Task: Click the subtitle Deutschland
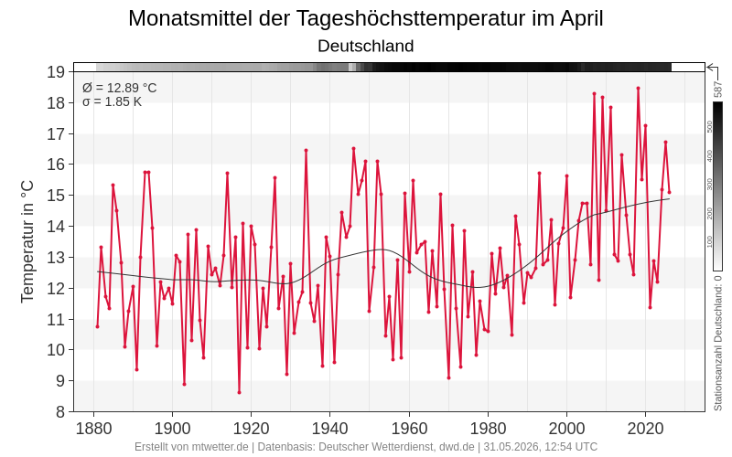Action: [x=365, y=46]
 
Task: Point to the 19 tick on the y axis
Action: [x=56, y=72]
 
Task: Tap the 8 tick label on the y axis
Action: [x=59, y=412]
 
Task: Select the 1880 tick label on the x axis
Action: [x=94, y=429]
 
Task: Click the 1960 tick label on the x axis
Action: [x=409, y=429]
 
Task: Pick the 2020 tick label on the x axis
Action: [x=646, y=429]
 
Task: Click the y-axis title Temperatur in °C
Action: [x=27, y=242]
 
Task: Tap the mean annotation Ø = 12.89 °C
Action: [x=120, y=88]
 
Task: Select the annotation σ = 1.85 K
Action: [x=112, y=101]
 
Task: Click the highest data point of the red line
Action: [x=638, y=88]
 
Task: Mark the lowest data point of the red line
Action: [x=239, y=393]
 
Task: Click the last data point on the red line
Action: [x=670, y=192]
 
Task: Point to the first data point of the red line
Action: [x=97, y=326]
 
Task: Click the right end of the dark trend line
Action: [x=670, y=199]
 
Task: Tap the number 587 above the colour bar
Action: [x=718, y=90]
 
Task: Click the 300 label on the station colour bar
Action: [x=710, y=185]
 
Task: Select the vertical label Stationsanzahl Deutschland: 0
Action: [x=718, y=343]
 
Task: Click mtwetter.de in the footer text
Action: [x=220, y=447]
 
